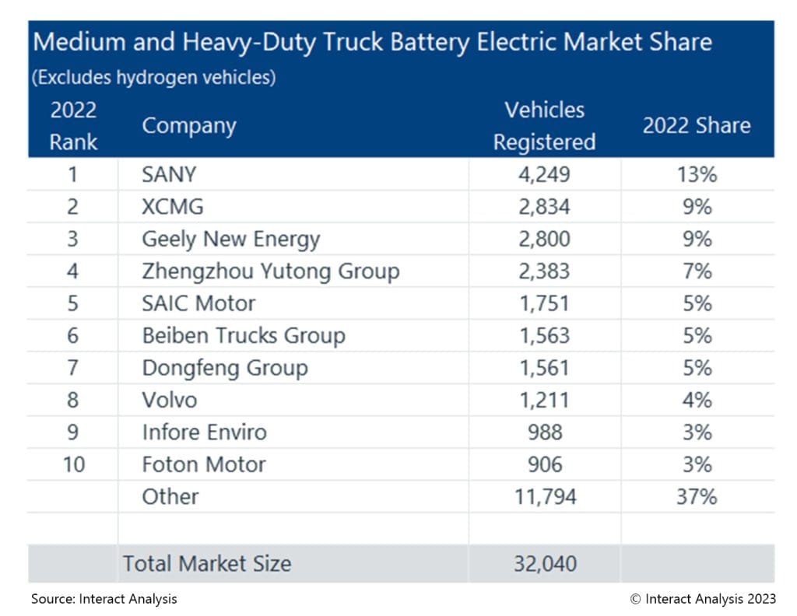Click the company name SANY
tap(169, 174)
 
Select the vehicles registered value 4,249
tap(544, 174)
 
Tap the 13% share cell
tap(697, 174)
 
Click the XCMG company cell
tap(174, 207)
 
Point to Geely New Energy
tap(230, 239)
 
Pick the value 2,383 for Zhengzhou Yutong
tap(544, 271)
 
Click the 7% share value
tap(697, 271)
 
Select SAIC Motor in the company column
tap(198, 303)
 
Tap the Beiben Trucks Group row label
tap(243, 335)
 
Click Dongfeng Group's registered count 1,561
tap(544, 368)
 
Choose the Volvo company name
tap(169, 400)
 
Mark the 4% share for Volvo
tap(697, 400)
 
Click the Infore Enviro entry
tap(204, 432)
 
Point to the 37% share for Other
tap(697, 496)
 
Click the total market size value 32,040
tap(544, 564)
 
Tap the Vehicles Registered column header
tap(544, 126)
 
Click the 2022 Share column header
tap(697, 126)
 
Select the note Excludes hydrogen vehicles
tap(154, 78)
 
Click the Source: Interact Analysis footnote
tap(104, 599)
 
